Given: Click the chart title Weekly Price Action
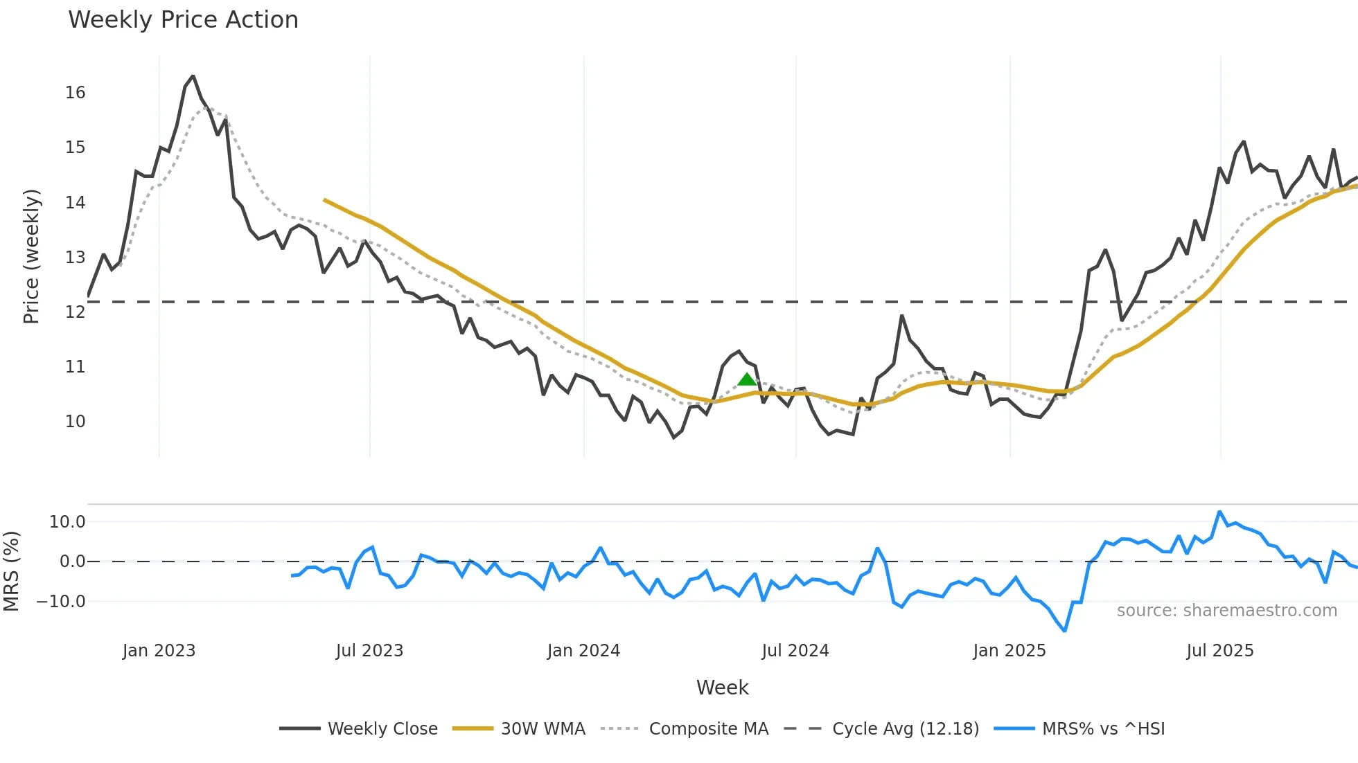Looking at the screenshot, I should point(183,20).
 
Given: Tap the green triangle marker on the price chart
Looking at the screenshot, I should point(747,379).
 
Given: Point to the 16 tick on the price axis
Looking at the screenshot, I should point(75,93).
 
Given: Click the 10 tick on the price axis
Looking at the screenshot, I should point(75,422).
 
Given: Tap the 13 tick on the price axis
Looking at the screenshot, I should point(75,258).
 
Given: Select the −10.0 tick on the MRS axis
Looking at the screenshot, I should point(61,602).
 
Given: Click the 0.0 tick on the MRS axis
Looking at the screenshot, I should point(72,562).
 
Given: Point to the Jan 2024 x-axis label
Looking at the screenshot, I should point(583,651).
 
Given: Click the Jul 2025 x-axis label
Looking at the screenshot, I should point(1219,651).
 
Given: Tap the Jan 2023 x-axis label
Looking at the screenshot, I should point(159,651).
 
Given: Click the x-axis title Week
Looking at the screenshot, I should point(722,688).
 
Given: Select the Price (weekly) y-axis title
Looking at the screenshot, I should point(31,256).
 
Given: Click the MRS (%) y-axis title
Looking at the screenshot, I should point(11,571).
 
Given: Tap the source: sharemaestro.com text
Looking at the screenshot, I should point(1226,611).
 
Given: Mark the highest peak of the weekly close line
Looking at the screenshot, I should point(193,76).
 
